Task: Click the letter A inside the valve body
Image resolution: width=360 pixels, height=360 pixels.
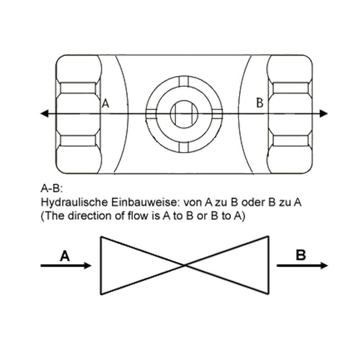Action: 106,103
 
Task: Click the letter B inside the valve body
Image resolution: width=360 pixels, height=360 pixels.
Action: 260,103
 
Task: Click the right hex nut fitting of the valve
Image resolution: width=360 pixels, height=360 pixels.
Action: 290,114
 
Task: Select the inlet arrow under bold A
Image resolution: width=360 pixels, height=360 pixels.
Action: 66,265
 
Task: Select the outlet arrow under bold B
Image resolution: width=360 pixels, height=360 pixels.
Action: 302,265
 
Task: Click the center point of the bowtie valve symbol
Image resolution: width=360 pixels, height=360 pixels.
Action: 185,265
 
